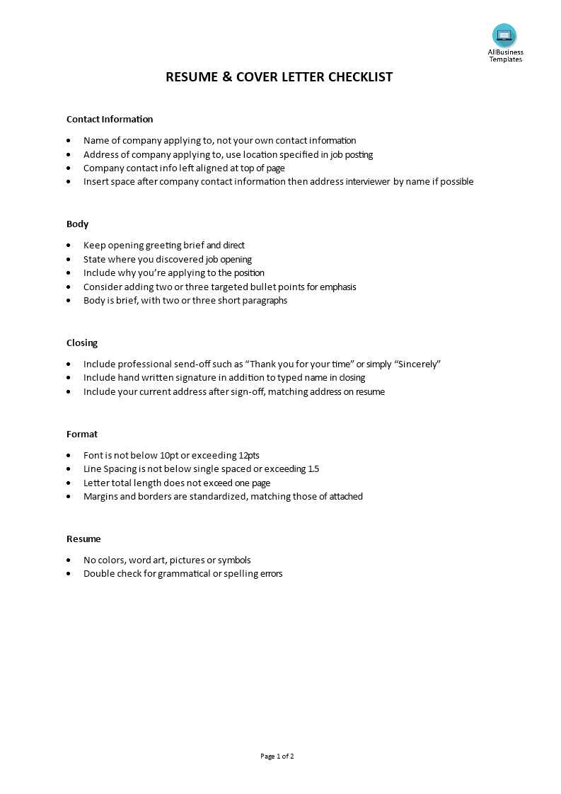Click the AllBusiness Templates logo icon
click(504, 35)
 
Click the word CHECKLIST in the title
click(360, 77)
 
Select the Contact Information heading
click(110, 119)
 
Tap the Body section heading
click(77, 224)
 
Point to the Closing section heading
click(82, 343)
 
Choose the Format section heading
click(82, 434)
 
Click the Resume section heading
click(83, 539)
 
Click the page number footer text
click(277, 756)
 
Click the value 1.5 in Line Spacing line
click(314, 468)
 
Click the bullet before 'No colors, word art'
click(68, 560)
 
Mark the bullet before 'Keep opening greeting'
click(68, 246)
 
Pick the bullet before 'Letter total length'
click(68, 483)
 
